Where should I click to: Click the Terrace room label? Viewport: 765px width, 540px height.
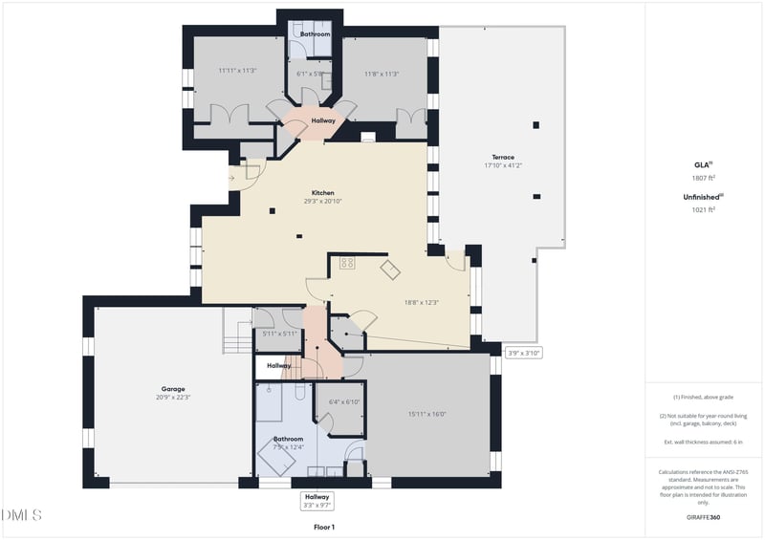click(503, 157)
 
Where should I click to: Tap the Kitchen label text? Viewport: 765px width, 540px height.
click(322, 192)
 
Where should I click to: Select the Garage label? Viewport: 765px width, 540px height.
click(173, 389)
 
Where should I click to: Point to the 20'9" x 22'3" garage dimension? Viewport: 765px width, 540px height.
click(173, 398)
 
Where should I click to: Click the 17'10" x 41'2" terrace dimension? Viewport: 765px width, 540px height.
click(503, 165)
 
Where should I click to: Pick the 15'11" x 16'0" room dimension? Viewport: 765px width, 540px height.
click(427, 414)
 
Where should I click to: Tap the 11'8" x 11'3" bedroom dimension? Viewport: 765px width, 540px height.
click(382, 74)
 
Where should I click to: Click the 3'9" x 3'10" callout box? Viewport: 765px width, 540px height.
click(524, 353)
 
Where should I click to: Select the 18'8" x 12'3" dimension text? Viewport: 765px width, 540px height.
click(421, 302)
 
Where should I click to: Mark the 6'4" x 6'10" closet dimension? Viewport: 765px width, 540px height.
click(342, 401)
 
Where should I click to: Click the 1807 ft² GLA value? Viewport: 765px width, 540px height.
click(703, 178)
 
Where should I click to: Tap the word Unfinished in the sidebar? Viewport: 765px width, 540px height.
click(701, 196)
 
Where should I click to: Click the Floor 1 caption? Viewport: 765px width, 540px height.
click(324, 527)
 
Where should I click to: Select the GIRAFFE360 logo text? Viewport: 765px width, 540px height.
click(703, 517)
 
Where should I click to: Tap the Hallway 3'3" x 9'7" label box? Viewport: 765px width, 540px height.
click(317, 501)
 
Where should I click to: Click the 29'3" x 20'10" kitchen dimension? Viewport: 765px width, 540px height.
click(322, 201)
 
